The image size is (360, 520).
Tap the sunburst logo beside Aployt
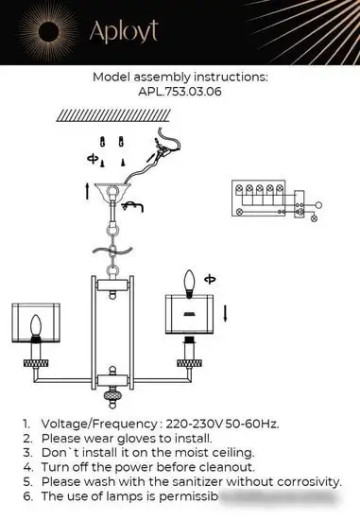[x=49, y=31]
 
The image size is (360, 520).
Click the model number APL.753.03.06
[x=179, y=94]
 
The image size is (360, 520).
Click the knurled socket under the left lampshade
[x=38, y=360]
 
